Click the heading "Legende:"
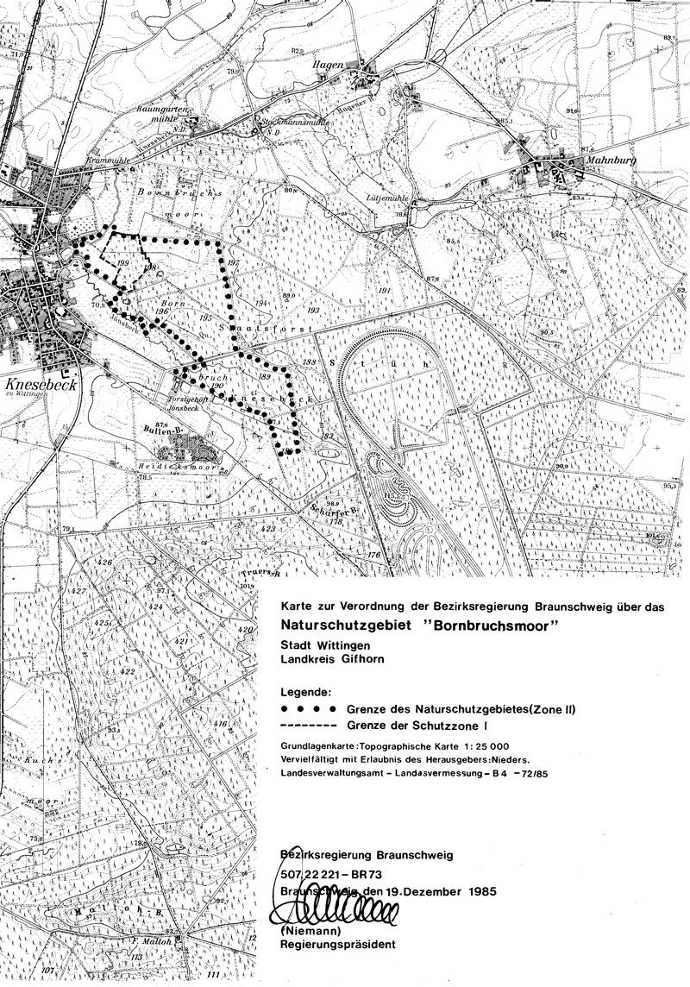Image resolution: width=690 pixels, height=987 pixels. point(307,692)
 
